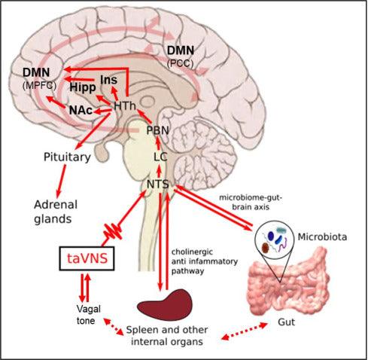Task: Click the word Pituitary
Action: point(66,157)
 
